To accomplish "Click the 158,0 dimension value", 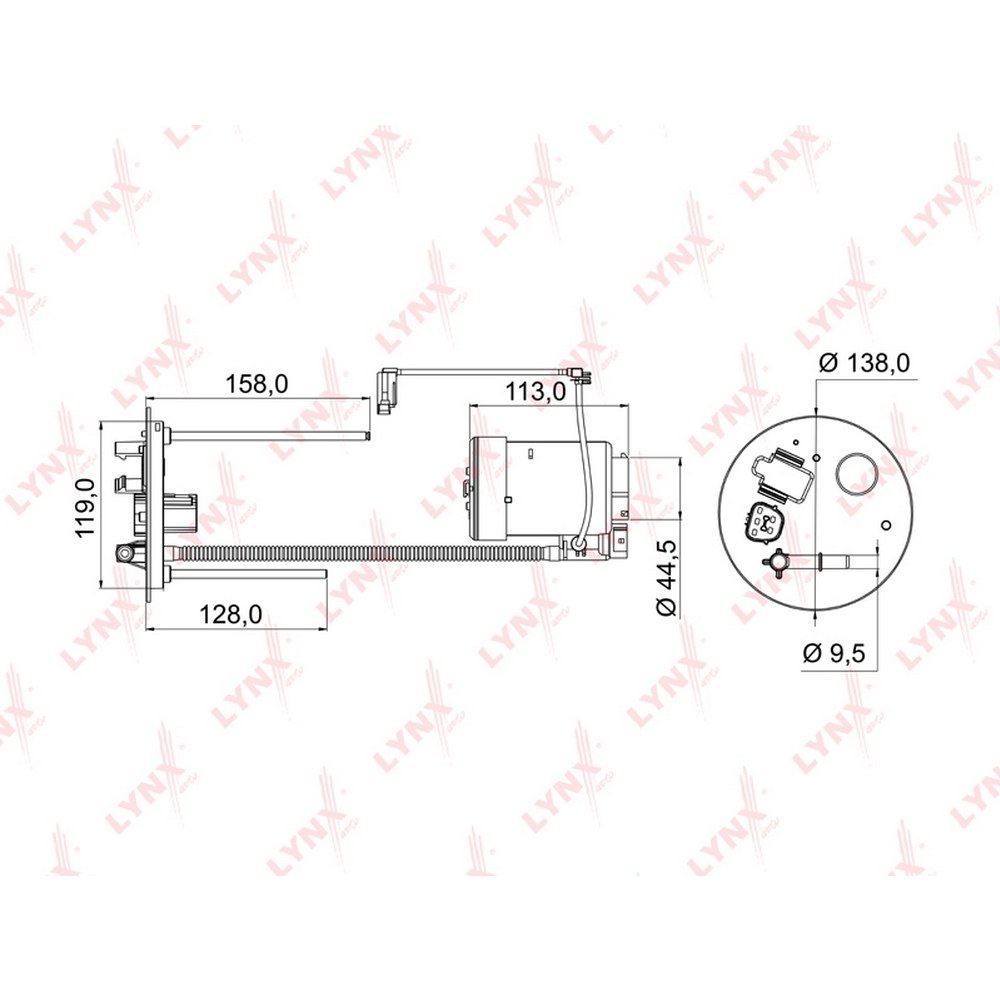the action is tap(257, 384).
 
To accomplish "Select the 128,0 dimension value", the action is tap(231, 615).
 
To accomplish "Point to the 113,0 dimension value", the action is tap(536, 392).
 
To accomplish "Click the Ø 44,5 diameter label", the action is tap(666, 577).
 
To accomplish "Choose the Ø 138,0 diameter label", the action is tap(865, 363).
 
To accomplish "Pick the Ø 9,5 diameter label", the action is tap(834, 653).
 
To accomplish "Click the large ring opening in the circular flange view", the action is tap(855, 473).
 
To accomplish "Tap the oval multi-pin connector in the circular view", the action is tap(761, 524).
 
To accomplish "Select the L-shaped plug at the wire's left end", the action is tap(386, 391).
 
